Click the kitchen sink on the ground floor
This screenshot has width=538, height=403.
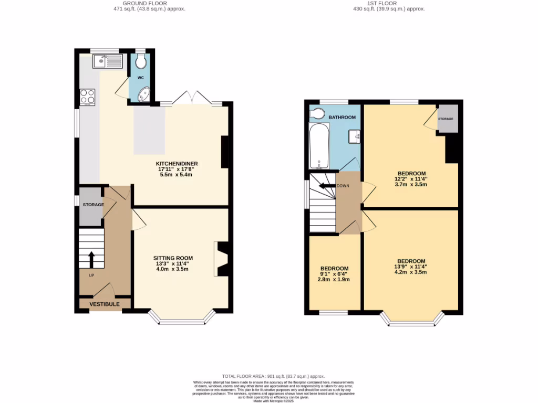[107, 61]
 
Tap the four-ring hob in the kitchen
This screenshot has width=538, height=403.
[87, 97]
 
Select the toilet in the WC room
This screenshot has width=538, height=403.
[140, 62]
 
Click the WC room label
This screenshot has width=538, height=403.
[140, 78]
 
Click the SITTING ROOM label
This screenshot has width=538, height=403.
[173, 258]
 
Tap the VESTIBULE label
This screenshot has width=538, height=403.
[104, 304]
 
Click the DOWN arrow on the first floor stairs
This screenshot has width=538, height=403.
[328, 186]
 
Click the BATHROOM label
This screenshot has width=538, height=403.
[342, 117]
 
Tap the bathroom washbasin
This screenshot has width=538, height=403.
[355, 136]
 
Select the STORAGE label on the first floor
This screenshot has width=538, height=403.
[446, 119]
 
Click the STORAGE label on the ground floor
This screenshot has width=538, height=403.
[92, 205]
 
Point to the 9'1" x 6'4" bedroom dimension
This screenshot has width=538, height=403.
[335, 273]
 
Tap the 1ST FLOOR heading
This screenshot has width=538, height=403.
[389, 3]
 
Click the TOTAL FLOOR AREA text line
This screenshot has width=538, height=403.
[273, 376]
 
